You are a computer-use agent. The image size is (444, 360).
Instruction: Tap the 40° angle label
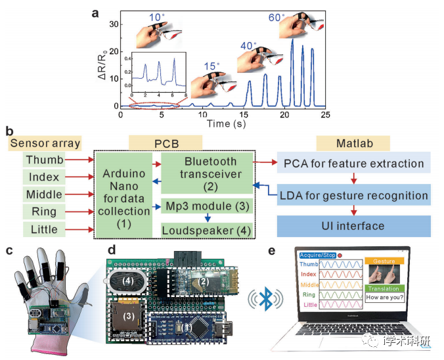248,46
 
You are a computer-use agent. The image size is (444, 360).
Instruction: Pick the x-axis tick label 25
325,114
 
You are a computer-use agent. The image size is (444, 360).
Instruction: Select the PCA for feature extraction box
354,163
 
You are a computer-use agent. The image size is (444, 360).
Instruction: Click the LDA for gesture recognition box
354,194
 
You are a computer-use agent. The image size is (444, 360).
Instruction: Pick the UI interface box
354,226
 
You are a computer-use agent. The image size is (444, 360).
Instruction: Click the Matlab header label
353,143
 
